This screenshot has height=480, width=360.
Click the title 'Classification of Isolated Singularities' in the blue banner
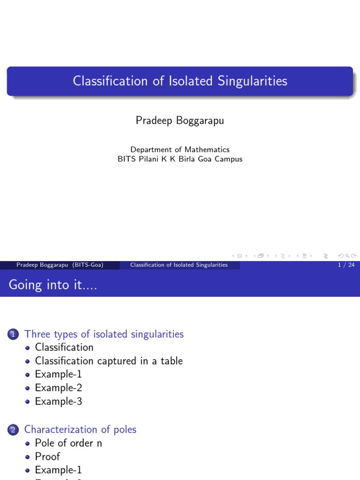180,81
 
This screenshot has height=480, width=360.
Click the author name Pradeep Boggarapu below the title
180,121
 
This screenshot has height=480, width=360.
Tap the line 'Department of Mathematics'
180,150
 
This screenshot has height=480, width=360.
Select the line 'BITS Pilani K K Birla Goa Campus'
180,159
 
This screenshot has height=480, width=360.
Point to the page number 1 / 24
346,265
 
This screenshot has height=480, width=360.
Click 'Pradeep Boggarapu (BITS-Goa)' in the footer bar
60,265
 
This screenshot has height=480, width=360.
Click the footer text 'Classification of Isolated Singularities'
179,265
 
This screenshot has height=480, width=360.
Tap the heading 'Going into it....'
52,285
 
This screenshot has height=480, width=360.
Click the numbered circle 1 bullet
13,335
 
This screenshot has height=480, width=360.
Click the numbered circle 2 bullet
13,430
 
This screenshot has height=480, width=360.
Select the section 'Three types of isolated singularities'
104,334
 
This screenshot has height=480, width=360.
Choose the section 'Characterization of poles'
80,429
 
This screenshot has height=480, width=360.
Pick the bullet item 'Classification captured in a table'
109,361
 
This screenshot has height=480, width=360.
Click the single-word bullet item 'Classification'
64,347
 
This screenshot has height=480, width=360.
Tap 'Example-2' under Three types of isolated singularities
59,388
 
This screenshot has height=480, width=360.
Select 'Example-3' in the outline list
59,402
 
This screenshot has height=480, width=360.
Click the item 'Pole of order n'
68,443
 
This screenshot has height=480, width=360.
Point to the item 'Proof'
47,457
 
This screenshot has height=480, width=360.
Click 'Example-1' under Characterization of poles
58,470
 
